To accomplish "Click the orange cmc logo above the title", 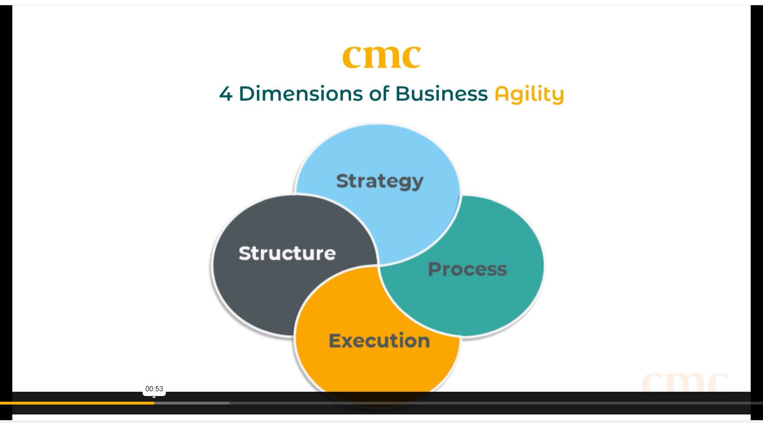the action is click(x=381, y=57).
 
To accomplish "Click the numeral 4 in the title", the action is click(x=226, y=94).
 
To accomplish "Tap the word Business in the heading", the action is click(x=442, y=94).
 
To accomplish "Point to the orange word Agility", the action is click(x=529, y=95).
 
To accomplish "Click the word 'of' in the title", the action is click(x=379, y=94).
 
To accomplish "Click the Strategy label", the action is click(x=380, y=181).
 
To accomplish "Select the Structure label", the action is click(x=287, y=253).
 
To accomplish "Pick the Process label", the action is click(x=467, y=269).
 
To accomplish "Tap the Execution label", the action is click(x=379, y=341).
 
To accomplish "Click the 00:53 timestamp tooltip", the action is click(x=154, y=389).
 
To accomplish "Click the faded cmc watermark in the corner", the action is click(x=685, y=382).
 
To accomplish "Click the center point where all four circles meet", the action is click(x=379, y=265).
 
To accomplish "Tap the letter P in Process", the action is click(x=434, y=269).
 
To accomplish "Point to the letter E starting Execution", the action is click(x=335, y=341).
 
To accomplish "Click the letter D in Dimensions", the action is click(x=246, y=94).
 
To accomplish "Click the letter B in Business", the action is click(x=402, y=94).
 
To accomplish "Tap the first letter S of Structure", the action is click(x=245, y=253).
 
